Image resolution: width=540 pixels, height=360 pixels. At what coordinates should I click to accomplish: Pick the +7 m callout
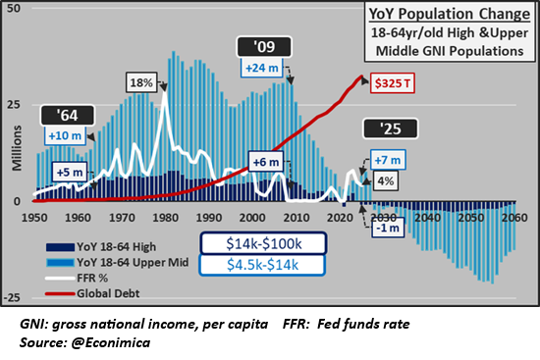point(385,159)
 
